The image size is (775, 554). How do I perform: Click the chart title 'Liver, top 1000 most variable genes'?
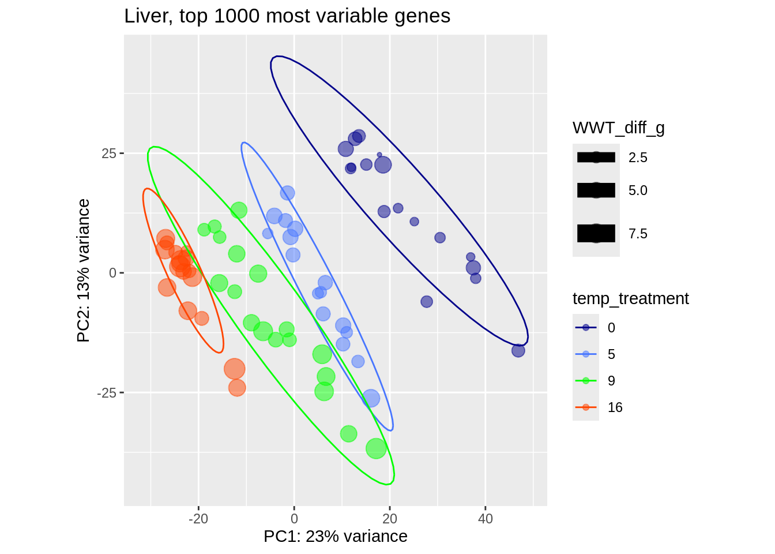click(287, 16)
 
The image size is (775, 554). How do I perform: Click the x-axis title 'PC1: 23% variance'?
click(335, 537)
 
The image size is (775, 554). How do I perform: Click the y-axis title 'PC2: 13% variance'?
click(84, 270)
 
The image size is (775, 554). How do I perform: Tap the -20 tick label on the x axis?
click(198, 518)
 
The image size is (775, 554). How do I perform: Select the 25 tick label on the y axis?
click(109, 154)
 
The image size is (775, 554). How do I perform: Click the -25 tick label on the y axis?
click(107, 393)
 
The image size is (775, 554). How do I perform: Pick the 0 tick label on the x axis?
click(294, 518)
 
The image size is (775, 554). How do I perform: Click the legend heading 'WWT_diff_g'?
click(618, 128)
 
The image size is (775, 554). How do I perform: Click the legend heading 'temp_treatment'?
click(630, 298)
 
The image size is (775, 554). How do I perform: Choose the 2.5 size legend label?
click(638, 158)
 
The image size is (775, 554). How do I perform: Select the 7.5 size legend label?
click(638, 234)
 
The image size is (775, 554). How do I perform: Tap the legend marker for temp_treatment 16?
click(586, 407)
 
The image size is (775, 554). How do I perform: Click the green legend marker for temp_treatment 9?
click(586, 381)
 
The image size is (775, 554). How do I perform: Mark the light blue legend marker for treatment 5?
click(586, 354)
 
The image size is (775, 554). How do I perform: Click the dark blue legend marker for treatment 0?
click(586, 328)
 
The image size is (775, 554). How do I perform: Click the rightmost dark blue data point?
click(518, 350)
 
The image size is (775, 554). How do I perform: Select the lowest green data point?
click(376, 448)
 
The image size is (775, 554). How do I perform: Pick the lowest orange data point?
click(237, 388)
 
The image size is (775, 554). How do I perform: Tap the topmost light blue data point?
click(287, 193)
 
